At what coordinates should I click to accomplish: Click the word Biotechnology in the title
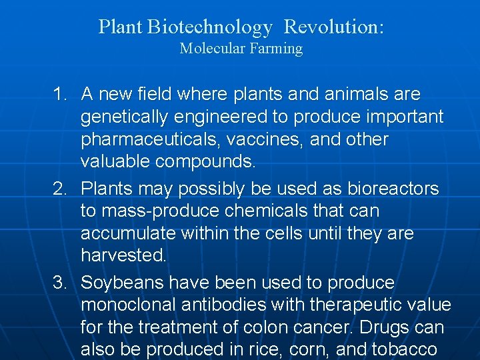(x=210, y=27)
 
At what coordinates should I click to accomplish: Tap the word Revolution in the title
(x=333, y=27)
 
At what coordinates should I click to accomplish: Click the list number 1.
(x=61, y=95)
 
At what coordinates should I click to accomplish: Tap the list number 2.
(x=61, y=189)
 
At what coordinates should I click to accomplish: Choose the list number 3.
(x=61, y=283)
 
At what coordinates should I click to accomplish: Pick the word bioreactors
(x=393, y=189)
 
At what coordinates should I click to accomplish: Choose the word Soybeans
(x=122, y=283)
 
